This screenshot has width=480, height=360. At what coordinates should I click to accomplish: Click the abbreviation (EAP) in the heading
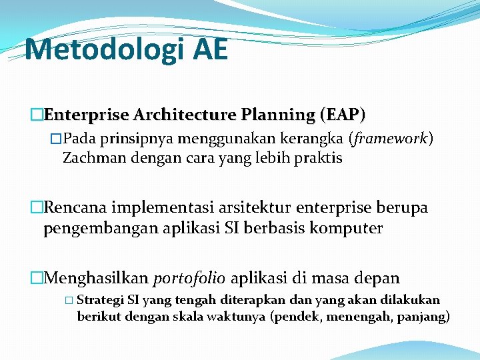(x=342, y=115)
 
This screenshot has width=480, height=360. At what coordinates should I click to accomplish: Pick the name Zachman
(x=92, y=158)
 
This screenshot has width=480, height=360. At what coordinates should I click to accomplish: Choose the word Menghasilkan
(x=96, y=277)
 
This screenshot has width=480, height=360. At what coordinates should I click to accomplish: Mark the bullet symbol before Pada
(x=55, y=139)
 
